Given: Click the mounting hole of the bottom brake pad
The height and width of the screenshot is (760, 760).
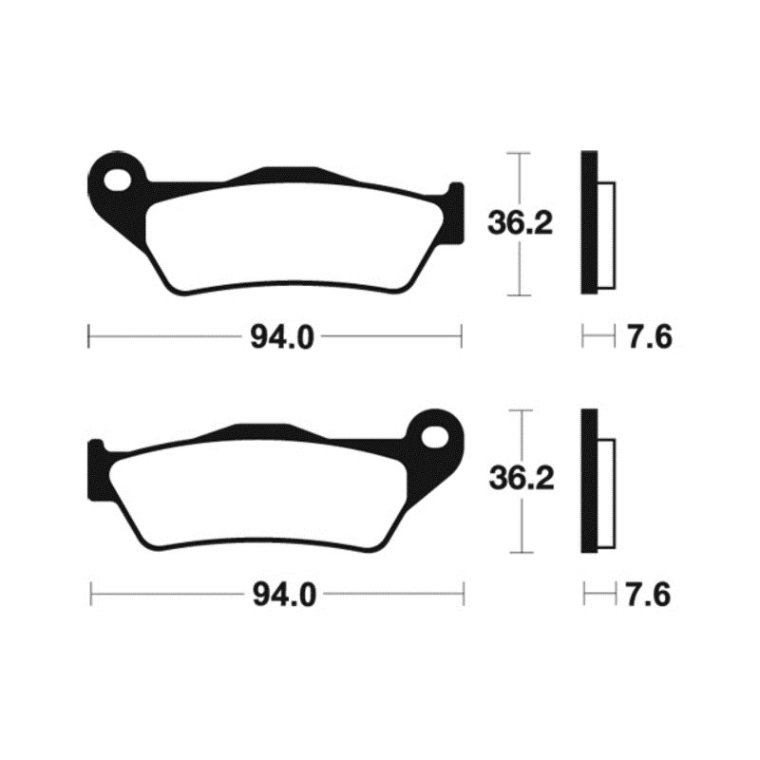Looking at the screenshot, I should (436, 437).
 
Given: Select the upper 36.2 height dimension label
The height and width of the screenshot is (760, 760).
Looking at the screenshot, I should (520, 223).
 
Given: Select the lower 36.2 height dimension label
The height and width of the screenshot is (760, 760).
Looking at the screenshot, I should (520, 480).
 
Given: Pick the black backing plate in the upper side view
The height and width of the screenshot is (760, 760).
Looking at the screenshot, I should (589, 223).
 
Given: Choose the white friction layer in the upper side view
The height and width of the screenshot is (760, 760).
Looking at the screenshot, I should (606, 232).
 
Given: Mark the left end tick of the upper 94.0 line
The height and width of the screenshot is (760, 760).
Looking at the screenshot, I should (88, 335).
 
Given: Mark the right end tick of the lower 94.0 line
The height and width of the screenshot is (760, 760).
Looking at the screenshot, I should (463, 596).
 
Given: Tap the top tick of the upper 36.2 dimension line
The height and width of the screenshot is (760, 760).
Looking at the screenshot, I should (518, 153).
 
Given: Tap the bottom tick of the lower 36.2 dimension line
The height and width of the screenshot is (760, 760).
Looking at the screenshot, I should (518, 553).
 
